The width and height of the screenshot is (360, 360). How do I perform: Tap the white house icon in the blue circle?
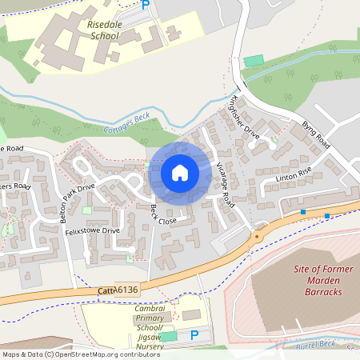point(180,172)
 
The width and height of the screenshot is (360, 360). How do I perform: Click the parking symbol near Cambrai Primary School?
point(191,335)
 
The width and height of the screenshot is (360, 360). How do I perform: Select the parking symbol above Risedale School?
point(146,5)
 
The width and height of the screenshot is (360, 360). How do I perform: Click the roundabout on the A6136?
point(257,235)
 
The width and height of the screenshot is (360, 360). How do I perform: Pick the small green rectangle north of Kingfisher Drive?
point(253,61)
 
